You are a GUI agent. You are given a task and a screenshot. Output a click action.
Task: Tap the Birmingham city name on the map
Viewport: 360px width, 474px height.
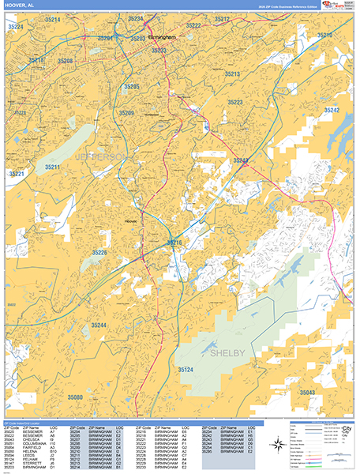tap(163, 36)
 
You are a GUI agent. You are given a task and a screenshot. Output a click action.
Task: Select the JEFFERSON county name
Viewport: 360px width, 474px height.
tap(100, 159)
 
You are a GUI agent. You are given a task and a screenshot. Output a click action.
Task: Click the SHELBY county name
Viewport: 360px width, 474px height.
tap(227, 353)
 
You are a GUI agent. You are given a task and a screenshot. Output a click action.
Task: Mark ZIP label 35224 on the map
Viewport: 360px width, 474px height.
tap(16, 26)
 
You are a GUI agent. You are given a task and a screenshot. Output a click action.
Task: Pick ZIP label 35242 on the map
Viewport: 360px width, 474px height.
tap(331, 110)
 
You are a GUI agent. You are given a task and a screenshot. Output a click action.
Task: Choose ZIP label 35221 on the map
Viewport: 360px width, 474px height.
tap(17, 173)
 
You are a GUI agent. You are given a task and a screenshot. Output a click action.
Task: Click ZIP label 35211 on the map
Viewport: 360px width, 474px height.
tap(53, 167)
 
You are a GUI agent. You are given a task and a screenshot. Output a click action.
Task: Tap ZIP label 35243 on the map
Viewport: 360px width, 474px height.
tap(241, 160)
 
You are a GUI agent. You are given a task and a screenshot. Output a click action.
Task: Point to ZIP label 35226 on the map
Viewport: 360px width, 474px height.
tap(99, 252)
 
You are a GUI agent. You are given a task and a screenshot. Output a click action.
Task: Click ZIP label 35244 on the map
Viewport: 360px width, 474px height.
tap(99, 325)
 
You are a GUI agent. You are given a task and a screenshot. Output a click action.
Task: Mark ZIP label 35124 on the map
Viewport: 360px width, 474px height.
tap(186, 370)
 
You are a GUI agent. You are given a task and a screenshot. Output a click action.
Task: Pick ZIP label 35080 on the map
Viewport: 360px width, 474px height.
tap(75, 397)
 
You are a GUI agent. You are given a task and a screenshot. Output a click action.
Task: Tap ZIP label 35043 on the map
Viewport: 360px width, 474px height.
tap(307, 392)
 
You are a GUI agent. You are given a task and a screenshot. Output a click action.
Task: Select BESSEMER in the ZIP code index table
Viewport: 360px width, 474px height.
tap(33, 435)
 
